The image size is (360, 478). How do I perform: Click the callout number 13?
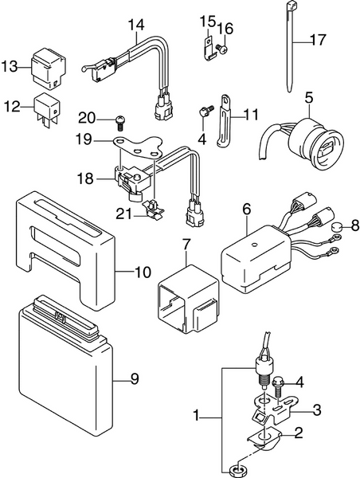[x=10, y=66]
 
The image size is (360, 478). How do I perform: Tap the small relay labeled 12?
[x=48, y=109]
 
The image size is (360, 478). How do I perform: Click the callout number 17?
[x=318, y=40]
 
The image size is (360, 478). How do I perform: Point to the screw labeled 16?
[x=222, y=48]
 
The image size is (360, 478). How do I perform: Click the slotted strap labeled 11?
[x=225, y=120]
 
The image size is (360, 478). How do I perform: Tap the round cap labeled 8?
[x=337, y=226]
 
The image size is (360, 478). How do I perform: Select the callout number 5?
[x=308, y=97]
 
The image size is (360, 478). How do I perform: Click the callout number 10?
[x=143, y=272]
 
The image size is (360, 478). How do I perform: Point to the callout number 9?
[x=135, y=378]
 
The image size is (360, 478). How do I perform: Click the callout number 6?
[x=247, y=210]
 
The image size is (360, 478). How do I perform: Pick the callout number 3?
[x=317, y=410]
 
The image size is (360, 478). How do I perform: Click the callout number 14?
[x=136, y=25]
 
